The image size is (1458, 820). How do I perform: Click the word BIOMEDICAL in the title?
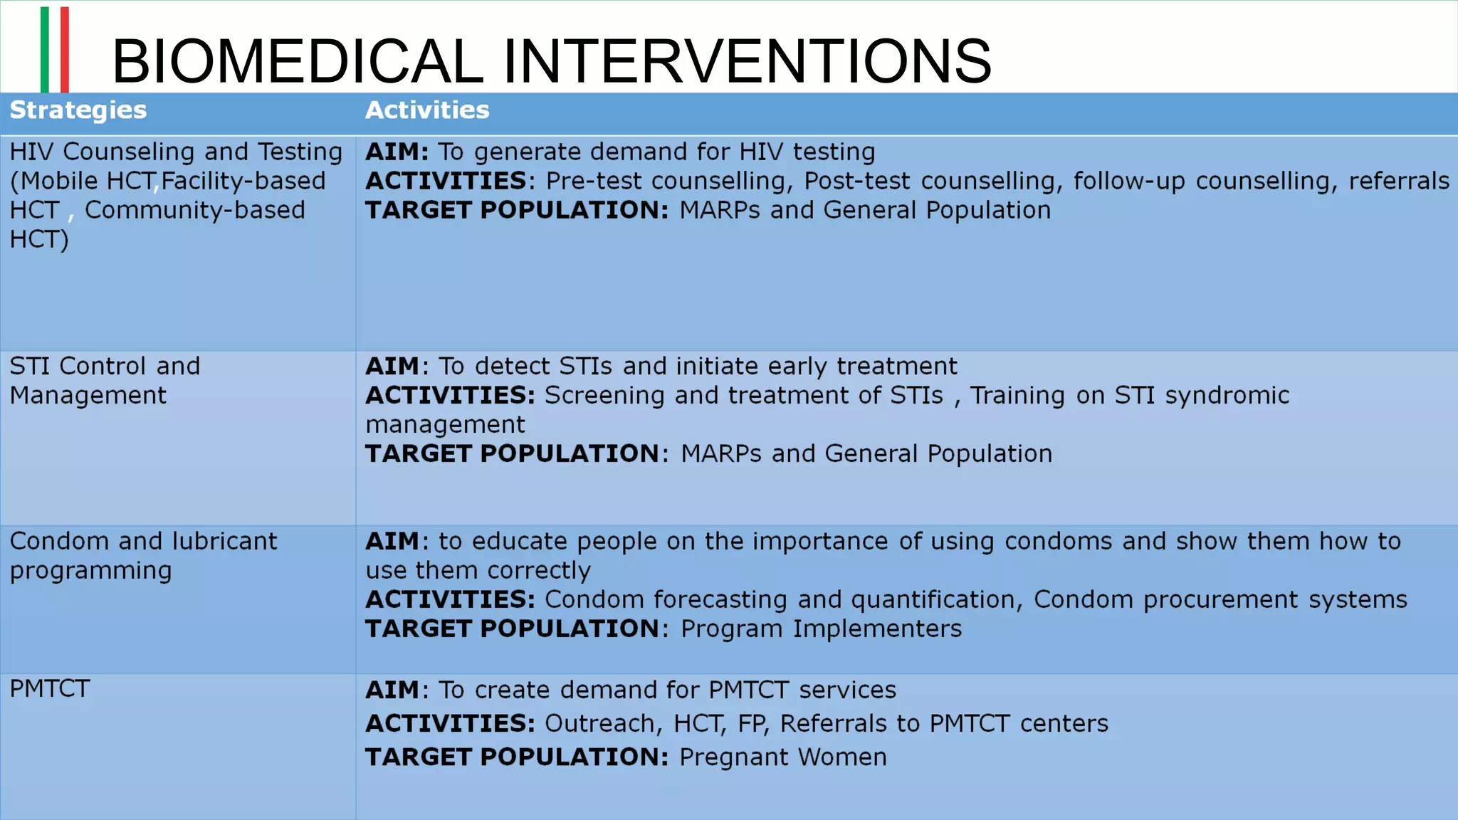pyautogui.click(x=298, y=61)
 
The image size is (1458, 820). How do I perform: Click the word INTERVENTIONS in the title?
pyautogui.click(x=747, y=61)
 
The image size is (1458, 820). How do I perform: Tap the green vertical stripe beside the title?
pyautogui.click(x=45, y=49)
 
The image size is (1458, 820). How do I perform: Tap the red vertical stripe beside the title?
pyautogui.click(x=65, y=49)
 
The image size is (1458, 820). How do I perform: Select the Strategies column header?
pyautogui.click(x=78, y=110)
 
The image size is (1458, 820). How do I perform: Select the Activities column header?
pyautogui.click(x=427, y=110)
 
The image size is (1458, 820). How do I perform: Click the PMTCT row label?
pyautogui.click(x=50, y=689)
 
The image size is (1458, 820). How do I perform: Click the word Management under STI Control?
pyautogui.click(x=88, y=396)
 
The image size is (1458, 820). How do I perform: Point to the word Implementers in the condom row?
pyautogui.click(x=877, y=629)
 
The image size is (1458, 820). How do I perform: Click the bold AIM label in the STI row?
pyautogui.click(x=392, y=367)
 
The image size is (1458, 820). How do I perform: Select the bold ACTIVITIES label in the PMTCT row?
pyautogui.click(x=450, y=724)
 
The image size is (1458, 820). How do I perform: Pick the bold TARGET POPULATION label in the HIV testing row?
pyautogui.click(x=517, y=211)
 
